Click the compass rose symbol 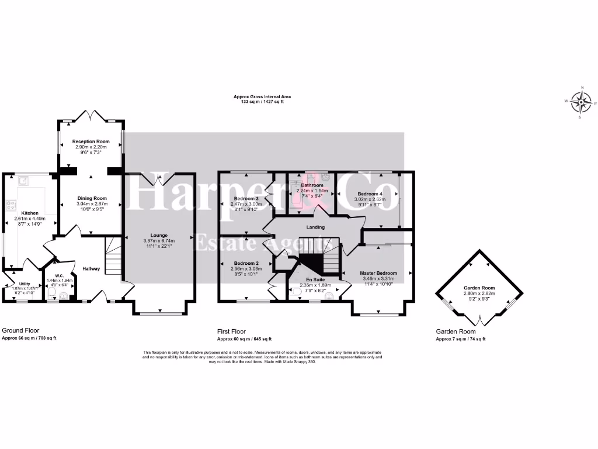(581, 103)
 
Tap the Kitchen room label (30, 213)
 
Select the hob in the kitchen (11, 205)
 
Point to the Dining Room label (92, 198)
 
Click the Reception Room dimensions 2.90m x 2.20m (91, 147)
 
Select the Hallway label (91, 269)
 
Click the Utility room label (24, 284)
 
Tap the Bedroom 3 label (245, 198)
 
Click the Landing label (315, 227)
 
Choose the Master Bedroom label (378, 274)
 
